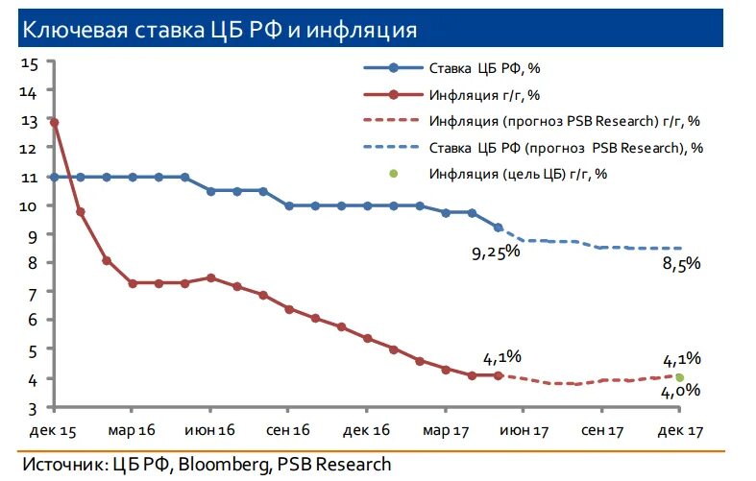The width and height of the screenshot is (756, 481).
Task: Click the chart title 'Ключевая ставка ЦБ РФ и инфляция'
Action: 219,31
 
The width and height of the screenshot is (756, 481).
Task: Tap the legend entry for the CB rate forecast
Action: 567,148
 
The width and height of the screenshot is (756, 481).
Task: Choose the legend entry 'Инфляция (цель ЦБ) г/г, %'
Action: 519,174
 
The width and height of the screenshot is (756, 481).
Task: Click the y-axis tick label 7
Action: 32,292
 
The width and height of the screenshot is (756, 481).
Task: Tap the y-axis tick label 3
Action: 32,408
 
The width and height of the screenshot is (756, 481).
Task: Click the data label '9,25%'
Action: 494,252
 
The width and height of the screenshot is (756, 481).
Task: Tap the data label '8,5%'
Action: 681,265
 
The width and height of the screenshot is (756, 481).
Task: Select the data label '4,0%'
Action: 681,391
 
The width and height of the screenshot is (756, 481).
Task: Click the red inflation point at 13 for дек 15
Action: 55,123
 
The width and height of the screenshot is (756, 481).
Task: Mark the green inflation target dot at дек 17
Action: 680,377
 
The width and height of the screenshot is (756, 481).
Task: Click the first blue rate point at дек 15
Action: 55,177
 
